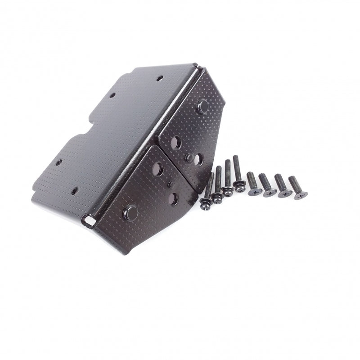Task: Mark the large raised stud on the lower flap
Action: (130, 210)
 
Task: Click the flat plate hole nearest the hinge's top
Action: (159, 78)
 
